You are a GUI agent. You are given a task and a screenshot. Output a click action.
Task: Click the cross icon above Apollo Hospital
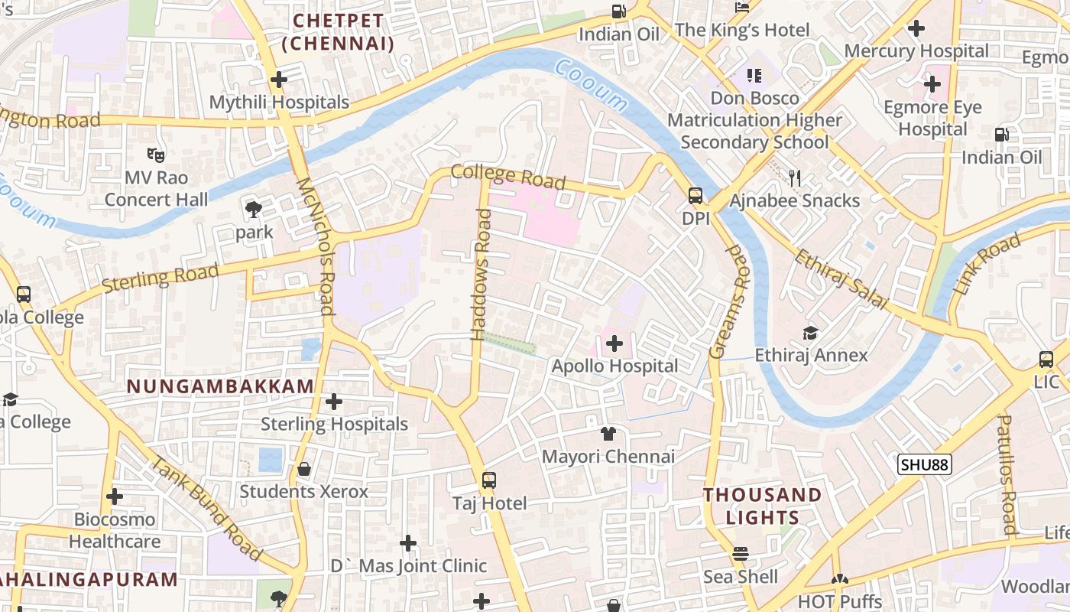pyautogui.click(x=614, y=343)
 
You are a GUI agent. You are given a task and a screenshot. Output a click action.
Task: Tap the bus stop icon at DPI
pyautogui.click(x=695, y=196)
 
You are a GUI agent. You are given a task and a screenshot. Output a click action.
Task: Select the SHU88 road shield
pyautogui.click(x=925, y=464)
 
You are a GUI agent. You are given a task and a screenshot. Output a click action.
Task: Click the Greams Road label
pyautogui.click(x=729, y=301)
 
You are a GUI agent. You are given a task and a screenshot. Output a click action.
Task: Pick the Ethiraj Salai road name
pyautogui.click(x=841, y=279)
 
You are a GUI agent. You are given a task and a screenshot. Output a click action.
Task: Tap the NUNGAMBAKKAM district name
pyautogui.click(x=220, y=386)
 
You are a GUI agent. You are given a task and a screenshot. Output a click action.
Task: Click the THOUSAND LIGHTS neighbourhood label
pyautogui.click(x=762, y=506)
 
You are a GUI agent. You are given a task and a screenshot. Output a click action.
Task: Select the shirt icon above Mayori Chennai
pyautogui.click(x=608, y=434)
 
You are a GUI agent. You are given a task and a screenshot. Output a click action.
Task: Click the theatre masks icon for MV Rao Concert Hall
pyautogui.click(x=156, y=155)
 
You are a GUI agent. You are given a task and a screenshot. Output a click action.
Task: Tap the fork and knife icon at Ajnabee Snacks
pyautogui.click(x=795, y=178)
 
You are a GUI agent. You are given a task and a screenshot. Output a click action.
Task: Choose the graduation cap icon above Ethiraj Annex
pyautogui.click(x=810, y=333)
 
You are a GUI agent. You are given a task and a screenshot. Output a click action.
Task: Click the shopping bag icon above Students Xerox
pyautogui.click(x=304, y=469)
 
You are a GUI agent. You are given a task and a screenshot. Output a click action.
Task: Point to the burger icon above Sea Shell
pyautogui.click(x=740, y=553)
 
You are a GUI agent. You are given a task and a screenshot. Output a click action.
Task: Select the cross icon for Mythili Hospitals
pyautogui.click(x=279, y=79)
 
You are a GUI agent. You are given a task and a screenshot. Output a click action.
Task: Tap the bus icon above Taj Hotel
pyautogui.click(x=489, y=480)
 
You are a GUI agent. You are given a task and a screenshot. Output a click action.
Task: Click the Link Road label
pyautogui.click(x=987, y=265)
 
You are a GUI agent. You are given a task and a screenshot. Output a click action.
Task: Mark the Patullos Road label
pyautogui.click(x=1007, y=474)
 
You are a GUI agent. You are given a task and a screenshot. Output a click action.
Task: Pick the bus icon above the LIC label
pyautogui.click(x=1046, y=359)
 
